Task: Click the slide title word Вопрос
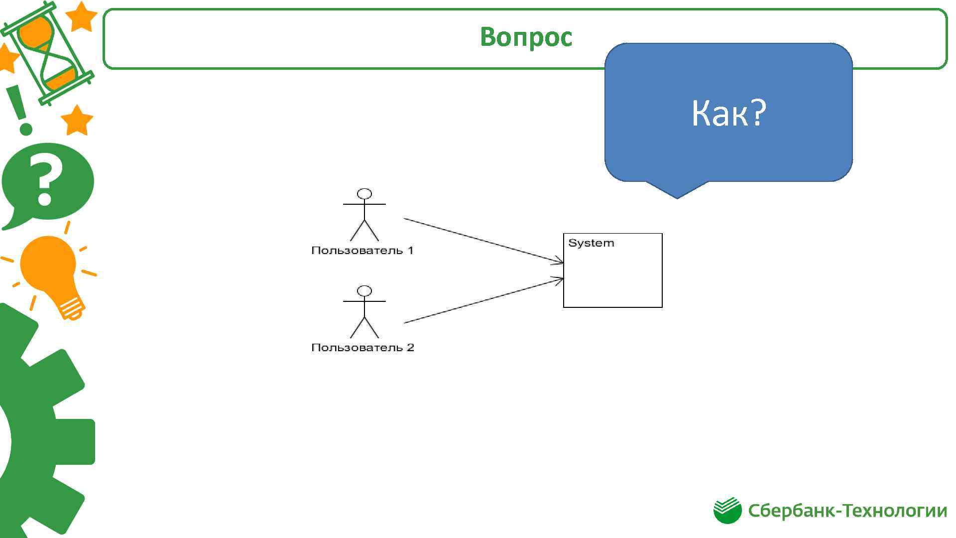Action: (526, 37)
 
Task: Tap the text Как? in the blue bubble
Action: (728, 113)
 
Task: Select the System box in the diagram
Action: (612, 279)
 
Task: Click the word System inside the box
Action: (591, 243)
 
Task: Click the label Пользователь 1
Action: (362, 250)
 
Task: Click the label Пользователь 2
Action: (362, 347)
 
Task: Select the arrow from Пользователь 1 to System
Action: (483, 240)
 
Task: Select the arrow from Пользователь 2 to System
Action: (483, 301)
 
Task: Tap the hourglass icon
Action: (47, 52)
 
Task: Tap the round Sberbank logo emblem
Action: (727, 510)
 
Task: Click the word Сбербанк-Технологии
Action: (847, 511)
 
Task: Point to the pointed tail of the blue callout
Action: (677, 192)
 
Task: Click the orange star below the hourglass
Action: (77, 121)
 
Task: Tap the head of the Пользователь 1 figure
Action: (365, 194)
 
